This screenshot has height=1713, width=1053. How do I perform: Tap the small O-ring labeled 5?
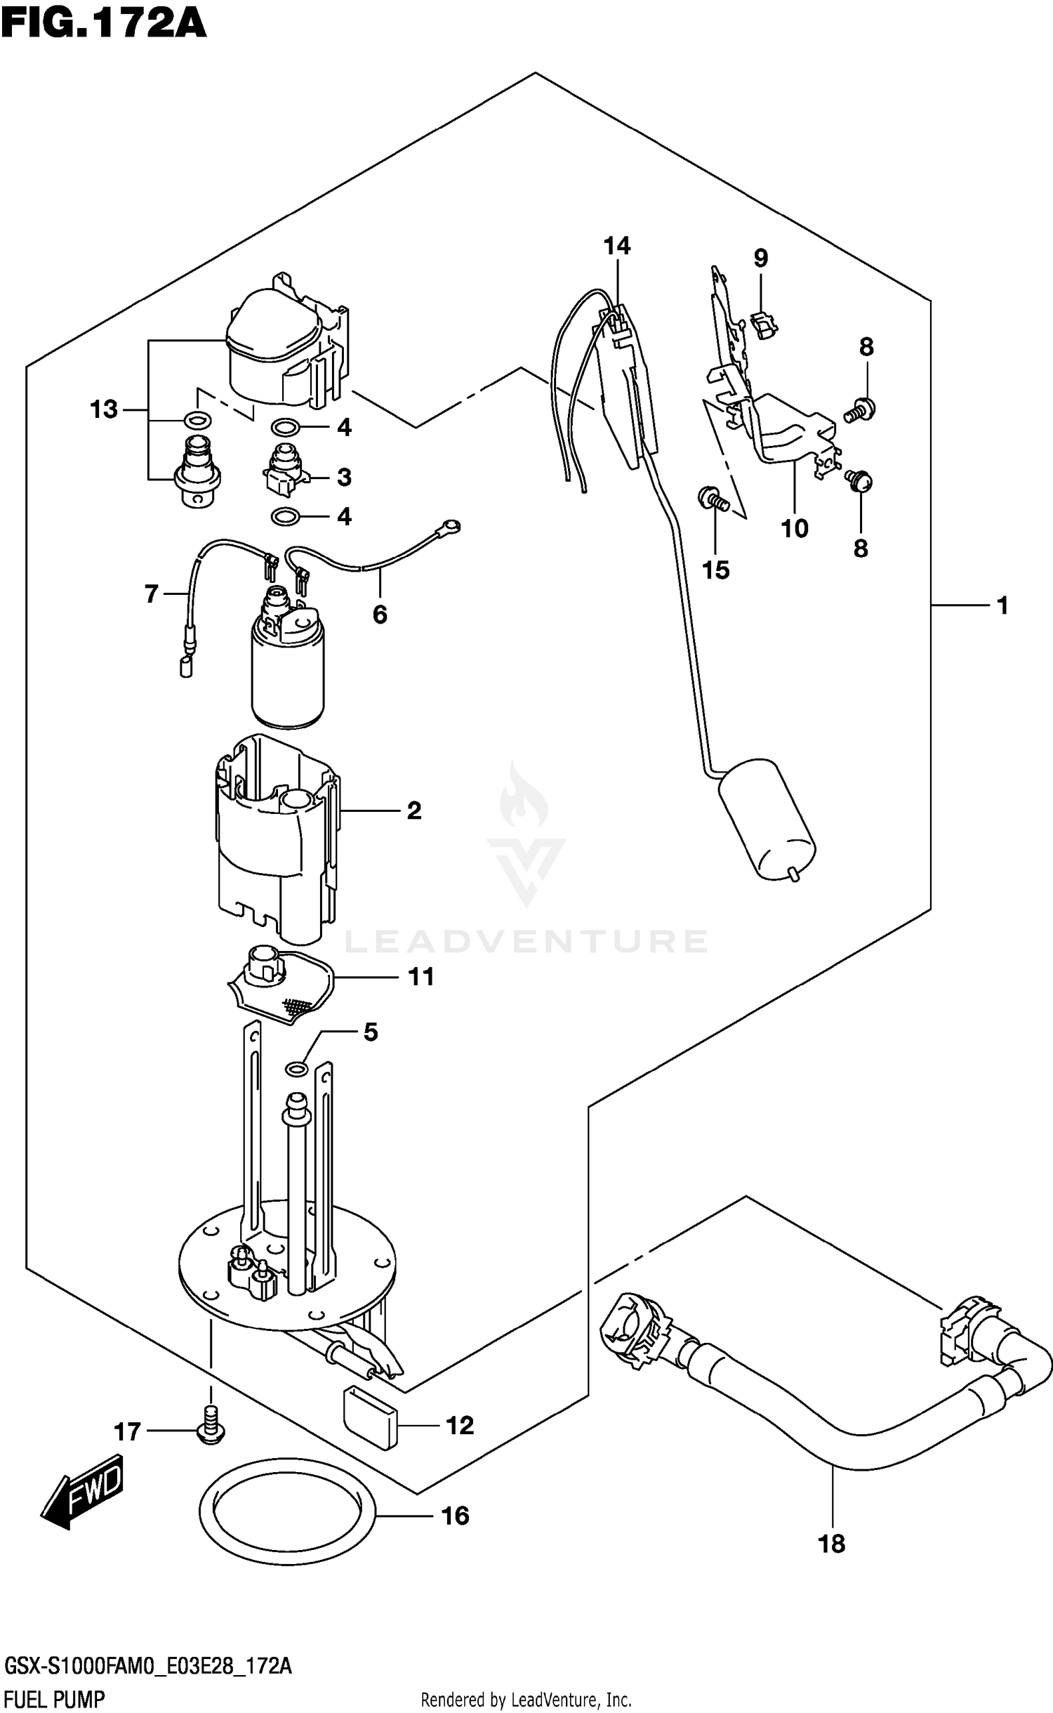[296, 1069]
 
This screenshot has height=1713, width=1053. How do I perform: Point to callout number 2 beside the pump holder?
[414, 811]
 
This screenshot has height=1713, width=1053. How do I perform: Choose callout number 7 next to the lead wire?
[152, 594]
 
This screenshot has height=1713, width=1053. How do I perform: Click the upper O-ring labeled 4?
[285, 427]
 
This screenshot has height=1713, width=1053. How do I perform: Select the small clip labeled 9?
[763, 324]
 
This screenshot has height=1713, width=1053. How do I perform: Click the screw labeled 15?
[713, 500]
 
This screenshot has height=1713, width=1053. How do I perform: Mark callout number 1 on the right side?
[1002, 605]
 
